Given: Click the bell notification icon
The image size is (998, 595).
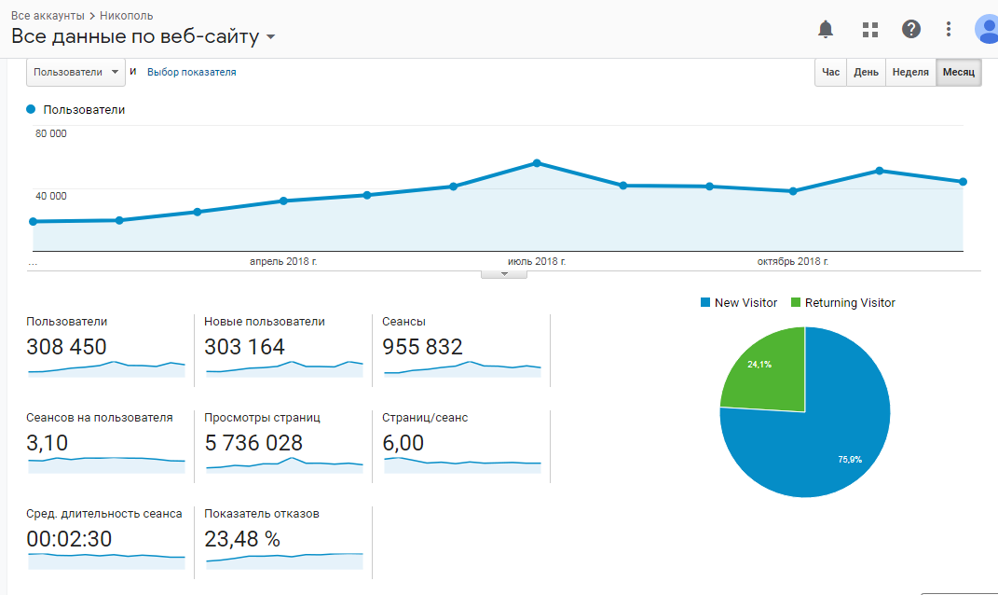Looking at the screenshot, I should coord(826,29).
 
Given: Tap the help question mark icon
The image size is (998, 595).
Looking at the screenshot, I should coord(911,29).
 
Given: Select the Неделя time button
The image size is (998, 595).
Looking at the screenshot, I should coord(910,73).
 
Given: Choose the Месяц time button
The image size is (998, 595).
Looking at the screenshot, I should coord(959,73).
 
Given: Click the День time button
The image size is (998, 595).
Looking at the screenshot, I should coord(866,73).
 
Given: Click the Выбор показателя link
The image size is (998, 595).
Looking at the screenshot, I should coord(192,72).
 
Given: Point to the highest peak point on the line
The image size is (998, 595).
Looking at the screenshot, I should coord(537,163).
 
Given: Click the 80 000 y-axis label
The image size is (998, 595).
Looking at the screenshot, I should coord(51,133).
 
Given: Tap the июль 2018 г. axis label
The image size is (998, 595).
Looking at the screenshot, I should coord(537,262).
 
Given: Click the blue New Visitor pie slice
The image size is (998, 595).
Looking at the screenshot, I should coord(820,438).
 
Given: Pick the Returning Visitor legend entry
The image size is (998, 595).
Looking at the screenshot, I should coord(842,302).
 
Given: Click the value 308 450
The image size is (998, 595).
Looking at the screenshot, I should coord(66,347).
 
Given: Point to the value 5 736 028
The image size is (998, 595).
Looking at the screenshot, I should coord(253,443).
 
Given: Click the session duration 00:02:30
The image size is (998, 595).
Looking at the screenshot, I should coord(70,539).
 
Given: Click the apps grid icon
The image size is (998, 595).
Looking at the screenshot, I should coord(870,29).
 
